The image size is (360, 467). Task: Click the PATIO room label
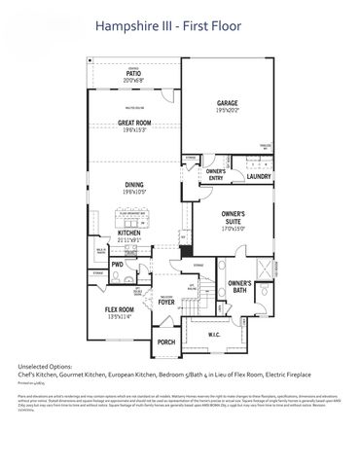134,73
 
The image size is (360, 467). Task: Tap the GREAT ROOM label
133,123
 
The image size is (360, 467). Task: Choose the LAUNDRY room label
258,176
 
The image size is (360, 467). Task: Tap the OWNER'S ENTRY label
215,175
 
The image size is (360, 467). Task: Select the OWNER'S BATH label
240,286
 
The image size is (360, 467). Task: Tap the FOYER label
167,302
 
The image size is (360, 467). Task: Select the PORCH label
165,341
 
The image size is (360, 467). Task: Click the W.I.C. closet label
215,337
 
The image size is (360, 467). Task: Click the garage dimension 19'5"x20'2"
228,110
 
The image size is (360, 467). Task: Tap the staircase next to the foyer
192,292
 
